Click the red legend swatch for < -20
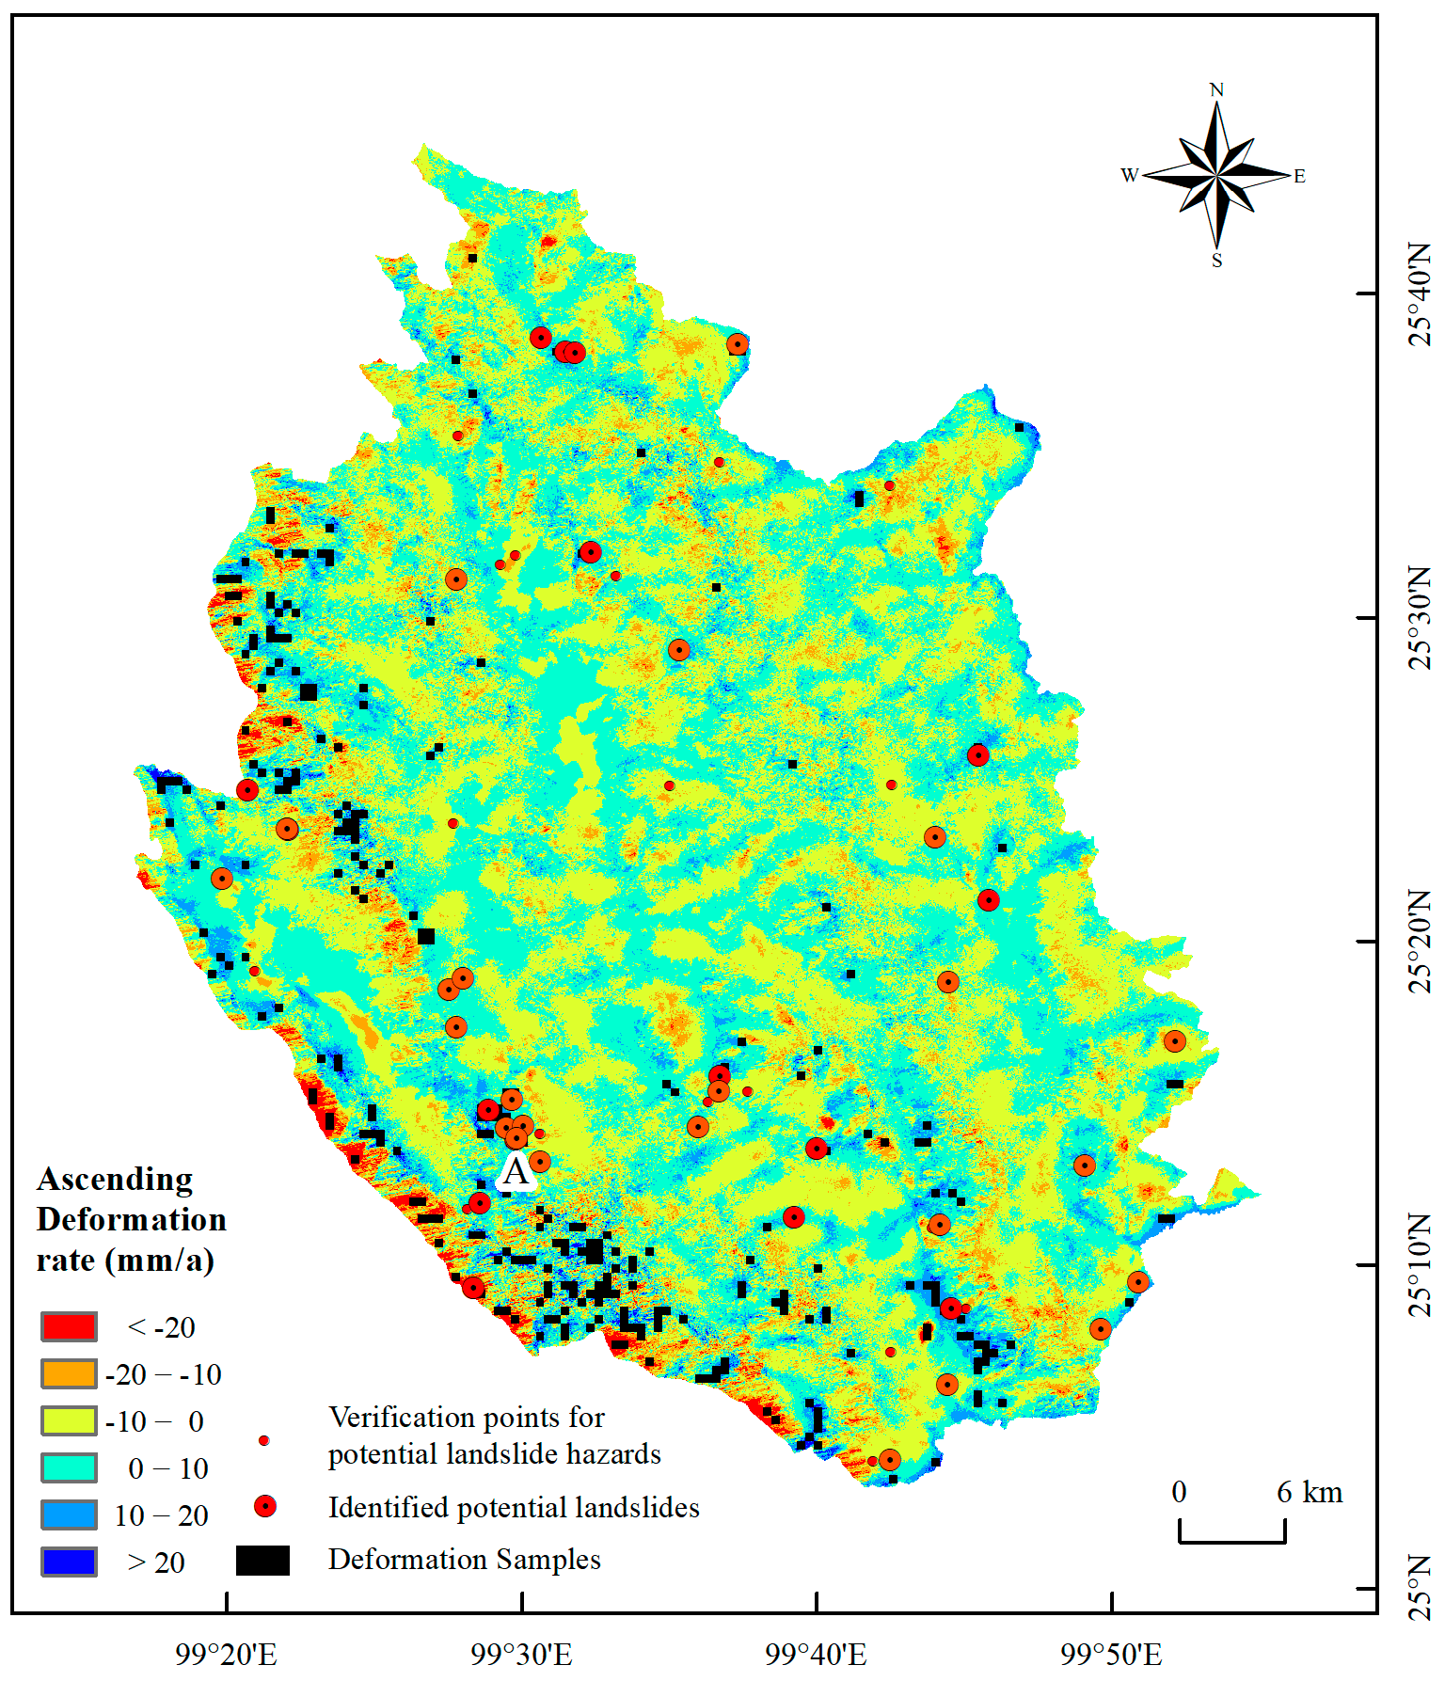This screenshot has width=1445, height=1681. tap(69, 1327)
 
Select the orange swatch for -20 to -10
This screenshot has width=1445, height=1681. tap(69, 1374)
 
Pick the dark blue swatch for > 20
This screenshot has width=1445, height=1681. tap(69, 1562)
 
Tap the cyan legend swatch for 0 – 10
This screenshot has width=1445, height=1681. tap(69, 1467)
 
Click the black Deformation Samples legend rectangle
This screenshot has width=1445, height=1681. tap(262, 1561)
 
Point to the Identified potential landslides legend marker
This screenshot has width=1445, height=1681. tap(265, 1507)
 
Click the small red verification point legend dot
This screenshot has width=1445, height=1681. tap(264, 1440)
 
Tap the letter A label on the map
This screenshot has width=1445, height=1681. tap(516, 1172)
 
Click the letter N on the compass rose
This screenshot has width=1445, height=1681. tap(1216, 90)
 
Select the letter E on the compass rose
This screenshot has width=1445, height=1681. tap(1299, 176)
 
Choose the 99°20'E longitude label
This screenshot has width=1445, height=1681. tap(227, 1655)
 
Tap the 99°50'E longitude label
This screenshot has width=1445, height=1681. tap(1111, 1655)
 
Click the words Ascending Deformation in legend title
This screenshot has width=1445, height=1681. tap(131, 1199)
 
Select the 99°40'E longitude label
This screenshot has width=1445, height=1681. tap(816, 1655)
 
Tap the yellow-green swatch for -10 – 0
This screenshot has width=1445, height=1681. tap(69, 1420)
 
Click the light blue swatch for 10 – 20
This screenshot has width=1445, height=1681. tap(69, 1514)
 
